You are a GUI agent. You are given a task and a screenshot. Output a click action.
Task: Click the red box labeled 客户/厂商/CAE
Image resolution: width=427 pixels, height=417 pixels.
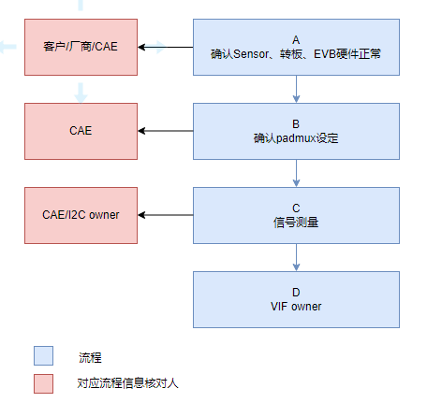tap(81, 47)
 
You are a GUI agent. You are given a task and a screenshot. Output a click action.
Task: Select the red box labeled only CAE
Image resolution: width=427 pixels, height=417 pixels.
tap(81, 131)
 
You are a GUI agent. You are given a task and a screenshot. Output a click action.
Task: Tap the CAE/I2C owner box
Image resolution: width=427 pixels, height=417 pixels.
tap(81, 215)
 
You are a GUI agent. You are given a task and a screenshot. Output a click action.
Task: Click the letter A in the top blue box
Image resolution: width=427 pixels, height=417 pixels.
tap(296, 40)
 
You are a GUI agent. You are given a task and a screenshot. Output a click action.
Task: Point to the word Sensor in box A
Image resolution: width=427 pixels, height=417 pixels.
tap(251, 54)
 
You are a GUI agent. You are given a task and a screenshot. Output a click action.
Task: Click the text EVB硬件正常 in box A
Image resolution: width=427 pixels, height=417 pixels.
tap(347, 54)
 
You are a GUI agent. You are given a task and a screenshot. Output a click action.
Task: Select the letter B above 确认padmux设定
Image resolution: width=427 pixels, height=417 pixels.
tap(296, 124)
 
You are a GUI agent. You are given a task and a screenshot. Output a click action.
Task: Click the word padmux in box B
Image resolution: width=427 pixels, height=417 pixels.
tap(296, 138)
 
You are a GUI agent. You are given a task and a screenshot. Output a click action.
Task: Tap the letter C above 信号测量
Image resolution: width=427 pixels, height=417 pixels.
tap(296, 208)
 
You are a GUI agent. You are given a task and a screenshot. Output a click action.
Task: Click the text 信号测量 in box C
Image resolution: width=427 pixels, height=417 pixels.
tap(296, 223)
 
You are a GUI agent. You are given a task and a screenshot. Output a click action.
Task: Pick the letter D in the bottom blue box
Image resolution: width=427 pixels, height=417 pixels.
tap(296, 293)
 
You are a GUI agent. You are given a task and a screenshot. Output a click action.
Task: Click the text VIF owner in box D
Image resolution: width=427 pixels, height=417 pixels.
tap(296, 307)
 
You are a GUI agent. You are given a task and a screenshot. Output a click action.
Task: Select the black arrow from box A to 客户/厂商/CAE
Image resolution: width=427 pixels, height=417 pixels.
tap(166, 47)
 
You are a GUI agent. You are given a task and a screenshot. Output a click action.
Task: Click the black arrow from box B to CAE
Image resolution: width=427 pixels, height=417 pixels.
tap(166, 131)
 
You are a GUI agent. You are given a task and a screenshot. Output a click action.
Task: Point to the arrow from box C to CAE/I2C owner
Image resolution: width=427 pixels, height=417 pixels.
tap(166, 215)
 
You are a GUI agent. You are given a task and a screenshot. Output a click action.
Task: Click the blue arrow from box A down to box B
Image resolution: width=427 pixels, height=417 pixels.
tap(296, 89)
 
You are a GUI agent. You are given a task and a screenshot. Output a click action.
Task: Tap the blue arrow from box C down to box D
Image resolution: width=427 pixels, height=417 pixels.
tap(296, 257)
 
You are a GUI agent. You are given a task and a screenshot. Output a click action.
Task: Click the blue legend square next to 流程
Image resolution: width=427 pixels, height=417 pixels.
tap(43, 355)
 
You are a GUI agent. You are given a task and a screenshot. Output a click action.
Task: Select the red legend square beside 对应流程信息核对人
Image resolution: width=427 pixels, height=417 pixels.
tap(43, 383)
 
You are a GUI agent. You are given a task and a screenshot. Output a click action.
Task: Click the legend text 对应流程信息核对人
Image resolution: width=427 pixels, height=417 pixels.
tap(127, 383)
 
